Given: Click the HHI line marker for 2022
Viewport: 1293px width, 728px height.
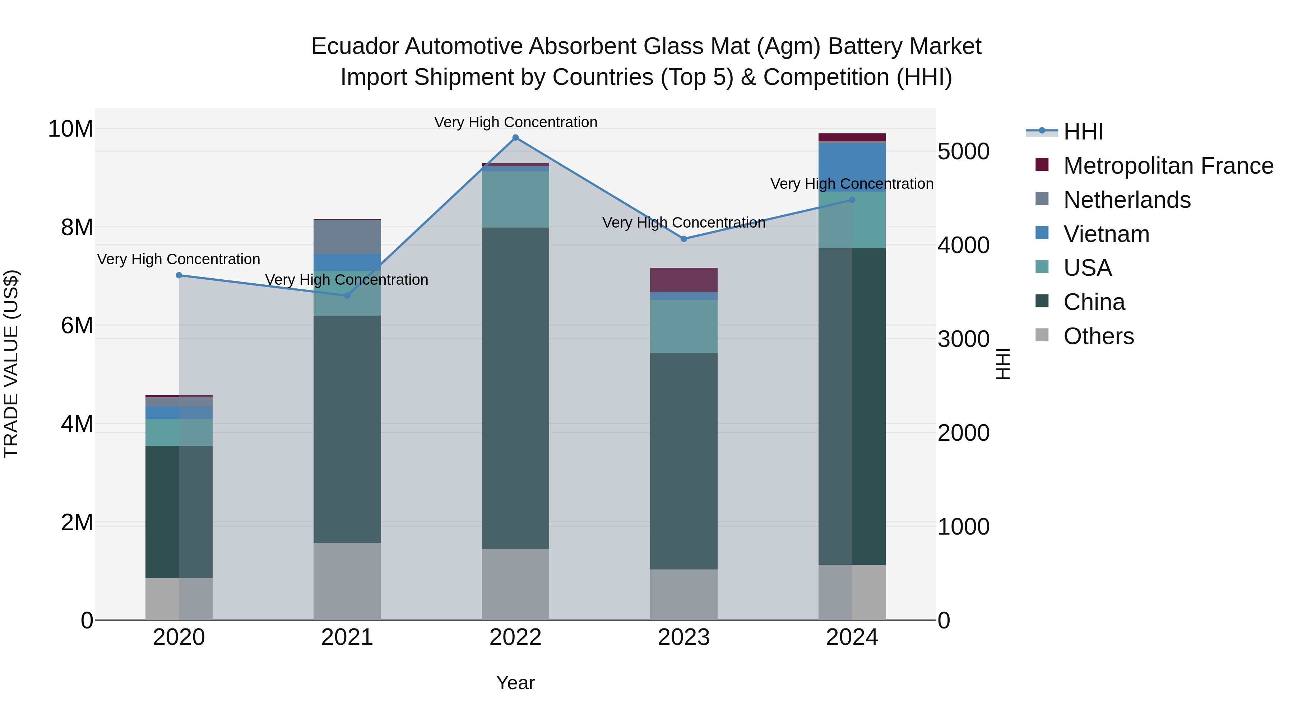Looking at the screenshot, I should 515,138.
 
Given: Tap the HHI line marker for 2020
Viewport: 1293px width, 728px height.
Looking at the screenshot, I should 179,275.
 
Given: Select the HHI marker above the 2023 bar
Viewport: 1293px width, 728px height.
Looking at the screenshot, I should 683,239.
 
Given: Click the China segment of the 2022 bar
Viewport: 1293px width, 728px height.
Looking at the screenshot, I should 515,388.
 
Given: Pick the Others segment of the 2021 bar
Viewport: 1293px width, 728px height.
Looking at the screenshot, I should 347,581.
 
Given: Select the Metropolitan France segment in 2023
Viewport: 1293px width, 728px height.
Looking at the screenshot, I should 683,280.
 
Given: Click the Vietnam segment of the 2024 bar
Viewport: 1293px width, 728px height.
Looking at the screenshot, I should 852,167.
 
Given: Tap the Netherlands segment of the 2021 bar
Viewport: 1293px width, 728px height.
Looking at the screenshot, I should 347,237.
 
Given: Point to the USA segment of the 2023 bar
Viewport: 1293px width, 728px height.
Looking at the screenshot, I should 683,326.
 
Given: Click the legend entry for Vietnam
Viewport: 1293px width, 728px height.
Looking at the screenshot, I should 1106,234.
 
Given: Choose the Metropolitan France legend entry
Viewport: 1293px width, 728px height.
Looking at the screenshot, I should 1168,166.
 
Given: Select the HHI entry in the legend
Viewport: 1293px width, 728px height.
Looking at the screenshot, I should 1083,132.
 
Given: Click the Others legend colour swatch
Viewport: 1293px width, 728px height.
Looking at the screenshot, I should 1042,335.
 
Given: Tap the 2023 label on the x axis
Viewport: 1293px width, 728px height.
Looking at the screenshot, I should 683,637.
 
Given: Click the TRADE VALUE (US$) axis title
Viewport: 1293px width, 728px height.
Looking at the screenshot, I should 11,364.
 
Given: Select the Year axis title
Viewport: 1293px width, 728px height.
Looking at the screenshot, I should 515,683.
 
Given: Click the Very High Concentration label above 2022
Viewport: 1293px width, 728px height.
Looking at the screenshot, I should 515,122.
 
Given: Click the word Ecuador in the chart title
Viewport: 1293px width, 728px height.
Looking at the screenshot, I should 355,46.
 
